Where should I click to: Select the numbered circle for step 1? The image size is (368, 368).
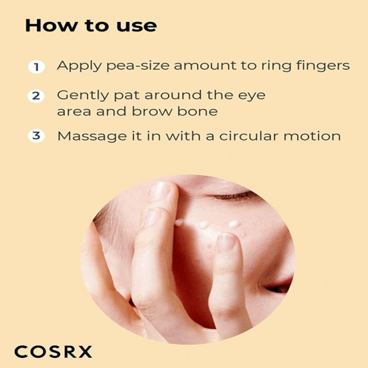(35, 66)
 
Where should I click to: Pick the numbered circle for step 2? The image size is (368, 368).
(35, 96)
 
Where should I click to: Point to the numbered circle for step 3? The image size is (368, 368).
(35, 136)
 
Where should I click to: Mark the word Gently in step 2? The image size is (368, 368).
(80, 95)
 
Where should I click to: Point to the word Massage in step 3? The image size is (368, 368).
(87, 136)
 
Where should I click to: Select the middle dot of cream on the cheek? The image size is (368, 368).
(204, 225)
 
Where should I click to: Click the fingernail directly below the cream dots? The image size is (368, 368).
(227, 242)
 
